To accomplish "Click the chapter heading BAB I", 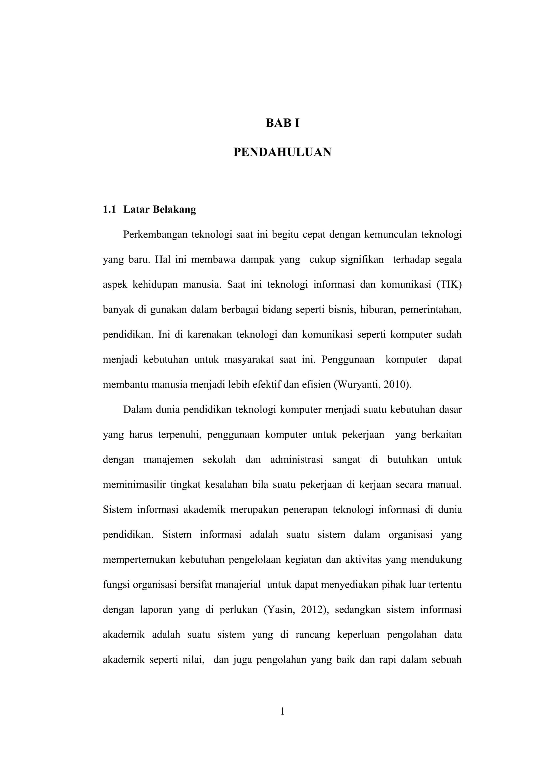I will tap(282, 123).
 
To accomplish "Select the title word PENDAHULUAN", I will tap(282, 152).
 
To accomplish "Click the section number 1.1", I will tap(109, 209).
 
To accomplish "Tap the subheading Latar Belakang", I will tap(159, 209).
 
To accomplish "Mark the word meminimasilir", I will tap(134, 485).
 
